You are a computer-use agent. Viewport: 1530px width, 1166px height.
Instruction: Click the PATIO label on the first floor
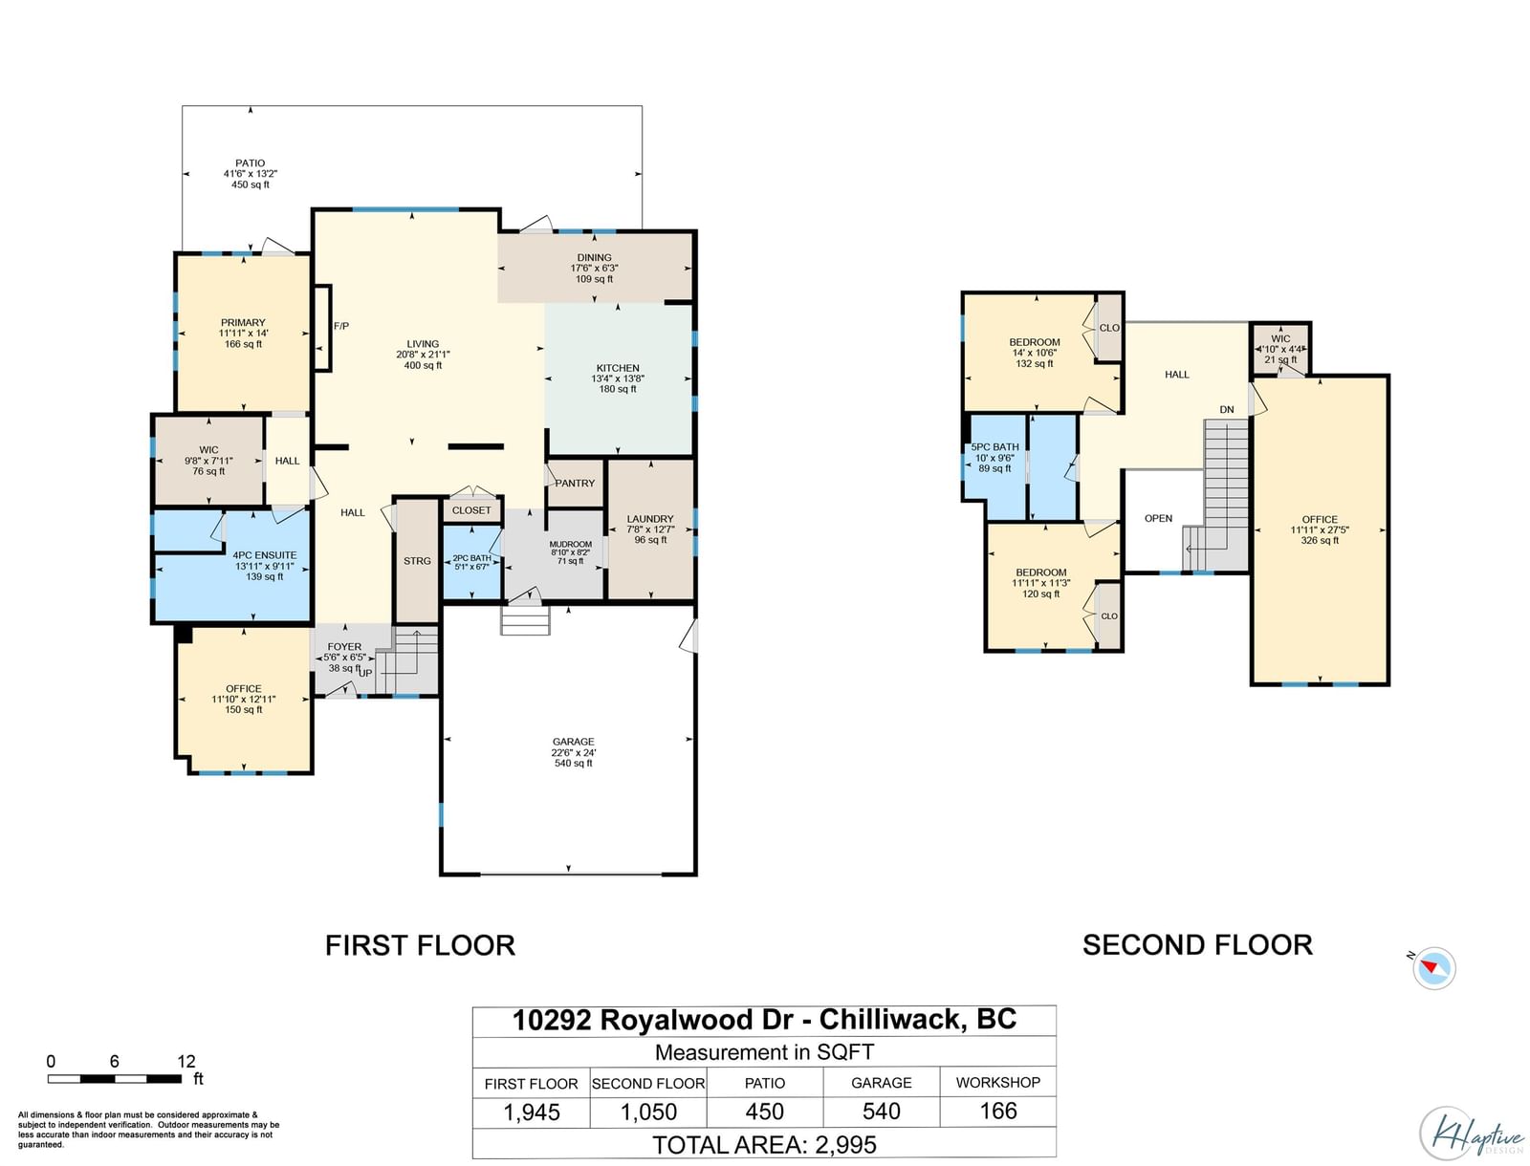(x=250, y=163)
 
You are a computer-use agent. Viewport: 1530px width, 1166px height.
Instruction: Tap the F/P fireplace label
(x=340, y=326)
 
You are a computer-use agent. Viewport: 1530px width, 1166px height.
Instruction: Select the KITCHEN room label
(x=618, y=368)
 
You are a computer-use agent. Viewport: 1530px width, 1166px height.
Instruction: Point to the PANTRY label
(x=575, y=483)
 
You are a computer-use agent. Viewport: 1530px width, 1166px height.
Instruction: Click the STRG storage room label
(x=417, y=561)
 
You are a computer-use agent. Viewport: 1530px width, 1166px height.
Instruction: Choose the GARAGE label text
(x=574, y=742)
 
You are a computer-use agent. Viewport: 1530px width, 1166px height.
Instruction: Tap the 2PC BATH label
(x=471, y=558)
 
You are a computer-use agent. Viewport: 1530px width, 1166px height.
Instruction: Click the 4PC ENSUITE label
(x=265, y=555)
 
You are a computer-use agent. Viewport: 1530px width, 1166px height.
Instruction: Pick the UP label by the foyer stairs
(x=366, y=673)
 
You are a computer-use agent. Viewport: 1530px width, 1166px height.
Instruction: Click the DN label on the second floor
(x=1227, y=410)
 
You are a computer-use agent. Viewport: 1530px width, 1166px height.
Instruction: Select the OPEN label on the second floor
(x=1158, y=518)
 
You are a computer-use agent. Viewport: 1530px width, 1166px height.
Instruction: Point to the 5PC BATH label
(x=994, y=447)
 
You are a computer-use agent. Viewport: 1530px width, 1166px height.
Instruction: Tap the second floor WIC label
(x=1280, y=338)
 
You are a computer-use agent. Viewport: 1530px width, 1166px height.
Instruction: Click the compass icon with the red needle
(x=1433, y=967)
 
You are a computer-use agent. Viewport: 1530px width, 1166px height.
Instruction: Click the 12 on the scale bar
(x=186, y=1061)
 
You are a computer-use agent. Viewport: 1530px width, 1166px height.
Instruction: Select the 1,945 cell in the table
(x=531, y=1112)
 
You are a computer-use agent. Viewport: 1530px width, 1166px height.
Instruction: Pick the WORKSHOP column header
(x=997, y=1083)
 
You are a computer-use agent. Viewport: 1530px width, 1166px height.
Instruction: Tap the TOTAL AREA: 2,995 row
(x=764, y=1144)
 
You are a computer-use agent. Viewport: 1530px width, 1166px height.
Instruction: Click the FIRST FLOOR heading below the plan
(x=421, y=945)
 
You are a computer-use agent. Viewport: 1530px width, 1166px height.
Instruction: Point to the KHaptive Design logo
(x=1471, y=1134)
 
